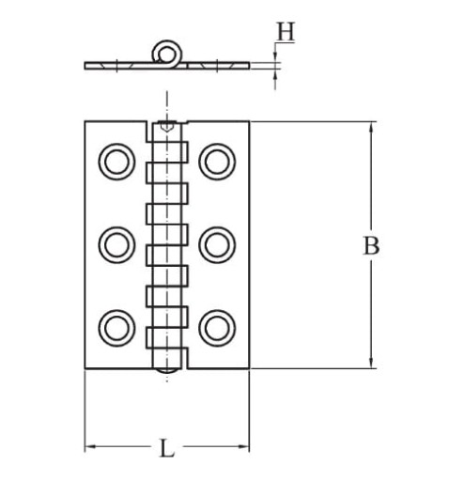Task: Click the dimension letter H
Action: [286, 32]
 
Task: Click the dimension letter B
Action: [371, 245]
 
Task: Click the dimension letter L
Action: [167, 448]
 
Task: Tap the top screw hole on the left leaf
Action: [116, 162]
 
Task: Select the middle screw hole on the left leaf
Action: [116, 245]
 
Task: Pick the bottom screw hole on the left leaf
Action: [116, 328]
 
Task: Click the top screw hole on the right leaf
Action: [217, 162]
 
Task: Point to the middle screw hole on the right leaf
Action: [217, 245]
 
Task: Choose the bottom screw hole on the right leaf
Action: [217, 328]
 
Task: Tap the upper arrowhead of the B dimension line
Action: [371, 129]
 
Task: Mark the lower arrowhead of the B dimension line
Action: [371, 362]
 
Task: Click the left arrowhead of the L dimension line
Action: [91, 446]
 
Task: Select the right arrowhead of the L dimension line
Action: [243, 446]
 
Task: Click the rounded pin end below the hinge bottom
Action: [167, 370]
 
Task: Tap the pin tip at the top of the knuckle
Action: [167, 128]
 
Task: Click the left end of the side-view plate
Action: [85, 66]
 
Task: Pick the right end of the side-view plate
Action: [249, 66]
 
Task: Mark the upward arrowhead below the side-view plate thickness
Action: [275, 74]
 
